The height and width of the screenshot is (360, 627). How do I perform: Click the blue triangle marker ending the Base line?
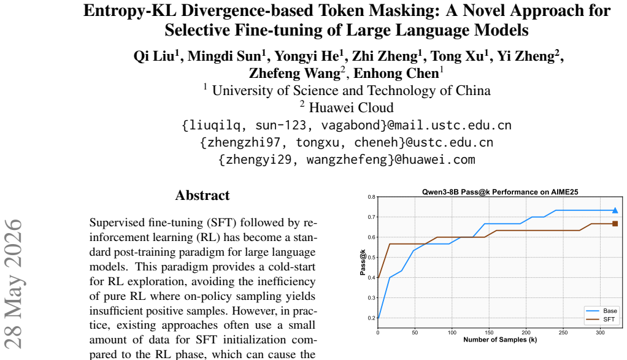(x=615, y=210)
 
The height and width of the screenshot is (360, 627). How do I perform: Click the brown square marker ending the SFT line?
(x=615, y=224)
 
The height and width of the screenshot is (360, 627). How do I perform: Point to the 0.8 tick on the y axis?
(x=372, y=197)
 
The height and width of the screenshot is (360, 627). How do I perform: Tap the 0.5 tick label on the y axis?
(x=372, y=258)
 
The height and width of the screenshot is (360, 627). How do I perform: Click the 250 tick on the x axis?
(x=563, y=332)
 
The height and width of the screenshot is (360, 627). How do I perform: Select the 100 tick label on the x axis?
(x=452, y=332)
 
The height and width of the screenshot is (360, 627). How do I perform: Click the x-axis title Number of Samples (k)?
(x=500, y=340)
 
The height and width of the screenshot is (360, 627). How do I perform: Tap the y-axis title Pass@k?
(x=363, y=262)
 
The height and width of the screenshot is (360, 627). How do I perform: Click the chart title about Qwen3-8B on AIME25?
(x=500, y=192)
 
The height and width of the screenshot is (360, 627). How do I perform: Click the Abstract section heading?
(x=202, y=195)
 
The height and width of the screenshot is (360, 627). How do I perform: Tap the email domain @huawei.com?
(x=435, y=159)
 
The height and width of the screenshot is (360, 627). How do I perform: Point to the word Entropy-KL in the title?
(x=129, y=11)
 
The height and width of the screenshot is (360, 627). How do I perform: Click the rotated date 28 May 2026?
(x=13, y=284)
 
